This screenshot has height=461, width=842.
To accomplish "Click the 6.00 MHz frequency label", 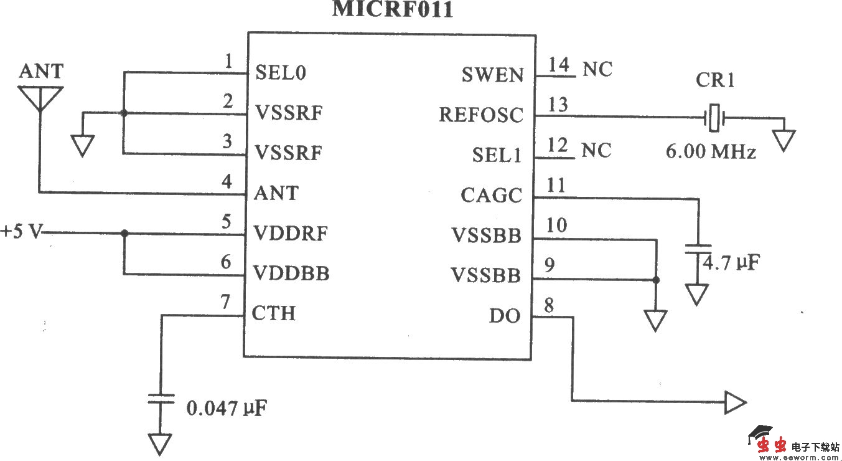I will pos(711,151).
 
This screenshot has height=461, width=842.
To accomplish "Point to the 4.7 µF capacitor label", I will pos(731,262).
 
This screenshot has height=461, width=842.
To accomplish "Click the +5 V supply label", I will pos(22,232).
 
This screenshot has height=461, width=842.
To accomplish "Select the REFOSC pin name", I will pos(481,115).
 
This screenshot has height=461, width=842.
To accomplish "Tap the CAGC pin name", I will pos(491,196).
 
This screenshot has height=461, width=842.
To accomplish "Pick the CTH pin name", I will pos(274,313).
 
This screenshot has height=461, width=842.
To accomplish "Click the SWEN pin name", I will pos(492,75).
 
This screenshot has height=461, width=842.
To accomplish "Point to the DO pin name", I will pos(504,316).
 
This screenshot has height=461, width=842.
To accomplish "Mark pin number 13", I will pos(558,105).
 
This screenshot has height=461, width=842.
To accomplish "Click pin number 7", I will pos(226,303).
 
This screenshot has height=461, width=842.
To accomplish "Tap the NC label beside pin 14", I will pos(597,69).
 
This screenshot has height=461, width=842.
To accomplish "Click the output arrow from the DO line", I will pos(734,403).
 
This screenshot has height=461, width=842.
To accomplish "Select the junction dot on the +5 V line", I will pos(124,233).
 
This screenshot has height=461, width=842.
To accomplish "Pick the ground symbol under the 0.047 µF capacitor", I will pos(160,444).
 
